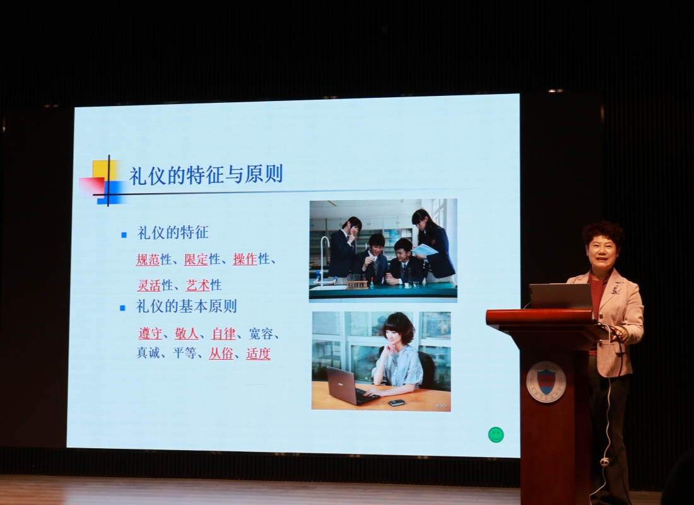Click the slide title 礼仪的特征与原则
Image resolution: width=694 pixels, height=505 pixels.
[x=206, y=175]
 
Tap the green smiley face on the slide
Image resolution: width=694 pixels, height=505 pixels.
[x=496, y=434]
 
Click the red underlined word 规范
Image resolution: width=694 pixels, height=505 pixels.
[x=148, y=259]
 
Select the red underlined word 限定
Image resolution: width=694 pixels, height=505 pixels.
[x=196, y=259]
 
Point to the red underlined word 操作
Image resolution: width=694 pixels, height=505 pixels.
[x=245, y=259]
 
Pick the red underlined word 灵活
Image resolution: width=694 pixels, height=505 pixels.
[x=149, y=285]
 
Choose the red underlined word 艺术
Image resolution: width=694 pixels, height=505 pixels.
[x=197, y=285]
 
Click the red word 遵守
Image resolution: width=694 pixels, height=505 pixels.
[x=150, y=333]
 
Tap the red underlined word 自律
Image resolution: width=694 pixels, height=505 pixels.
[x=223, y=333]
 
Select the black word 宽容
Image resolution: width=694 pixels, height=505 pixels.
[x=261, y=333]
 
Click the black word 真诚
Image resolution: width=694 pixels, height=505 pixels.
[x=148, y=353]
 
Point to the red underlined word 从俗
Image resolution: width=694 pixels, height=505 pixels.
[x=221, y=353]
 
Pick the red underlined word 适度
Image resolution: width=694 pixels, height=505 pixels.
[x=258, y=353]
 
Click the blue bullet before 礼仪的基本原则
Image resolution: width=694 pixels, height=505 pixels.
[x=122, y=308]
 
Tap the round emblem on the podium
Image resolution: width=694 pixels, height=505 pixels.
[x=546, y=382]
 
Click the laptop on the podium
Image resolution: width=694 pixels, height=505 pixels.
[x=561, y=296]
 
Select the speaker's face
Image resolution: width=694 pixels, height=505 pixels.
[x=601, y=251]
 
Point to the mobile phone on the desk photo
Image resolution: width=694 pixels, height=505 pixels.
[x=396, y=402]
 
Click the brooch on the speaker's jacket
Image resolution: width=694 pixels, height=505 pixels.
[x=615, y=289]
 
